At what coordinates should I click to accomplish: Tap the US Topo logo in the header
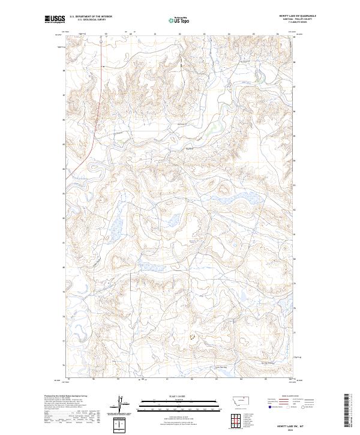click(180, 20)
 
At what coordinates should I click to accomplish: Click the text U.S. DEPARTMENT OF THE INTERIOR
click(91, 17)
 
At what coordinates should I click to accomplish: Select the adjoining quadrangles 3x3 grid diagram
click(235, 418)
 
